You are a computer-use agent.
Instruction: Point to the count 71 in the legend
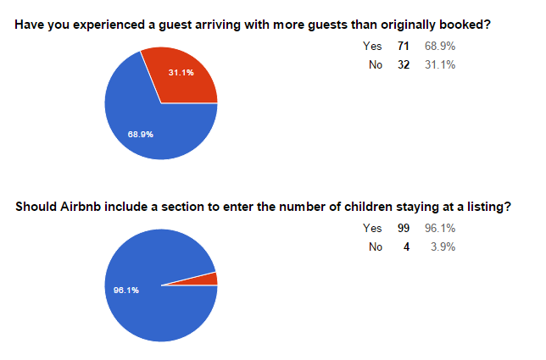(404, 46)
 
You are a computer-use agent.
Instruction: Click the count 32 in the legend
(404, 65)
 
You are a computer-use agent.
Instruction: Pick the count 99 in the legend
(404, 228)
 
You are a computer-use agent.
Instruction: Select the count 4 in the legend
(407, 247)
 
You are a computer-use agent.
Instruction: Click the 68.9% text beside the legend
(439, 46)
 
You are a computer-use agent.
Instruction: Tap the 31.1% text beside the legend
(439, 65)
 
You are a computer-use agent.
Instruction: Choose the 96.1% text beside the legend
(439, 228)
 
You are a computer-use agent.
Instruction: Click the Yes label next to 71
(372, 46)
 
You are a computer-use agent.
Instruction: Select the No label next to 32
(376, 65)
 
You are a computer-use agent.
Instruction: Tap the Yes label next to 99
(372, 228)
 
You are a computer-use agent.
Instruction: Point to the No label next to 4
(376, 247)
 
